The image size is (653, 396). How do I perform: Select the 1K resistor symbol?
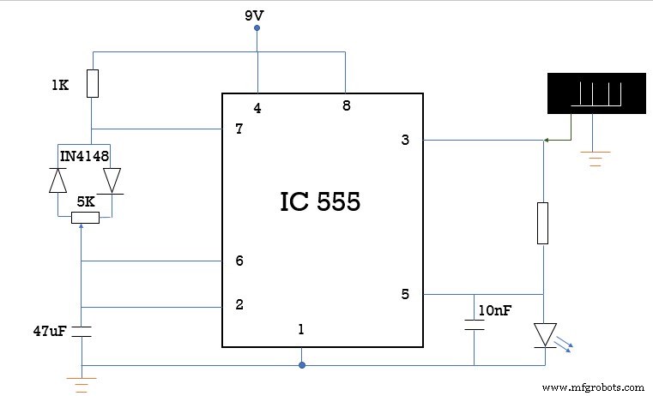coord(94,84)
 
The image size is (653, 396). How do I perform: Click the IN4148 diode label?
coord(84,155)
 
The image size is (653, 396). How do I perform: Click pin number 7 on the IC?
coord(239,130)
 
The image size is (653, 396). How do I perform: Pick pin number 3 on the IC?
coord(405,140)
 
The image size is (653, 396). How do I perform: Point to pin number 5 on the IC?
coord(405,295)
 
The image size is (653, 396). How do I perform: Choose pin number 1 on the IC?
coord(301,328)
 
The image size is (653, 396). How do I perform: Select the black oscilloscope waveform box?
coord(596,93)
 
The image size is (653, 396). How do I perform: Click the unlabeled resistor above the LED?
coord(543,223)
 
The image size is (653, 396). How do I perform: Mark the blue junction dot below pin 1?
coord(301,365)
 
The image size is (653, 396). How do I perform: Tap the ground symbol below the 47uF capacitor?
coord(81,384)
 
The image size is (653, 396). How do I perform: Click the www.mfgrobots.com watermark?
coord(593,387)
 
